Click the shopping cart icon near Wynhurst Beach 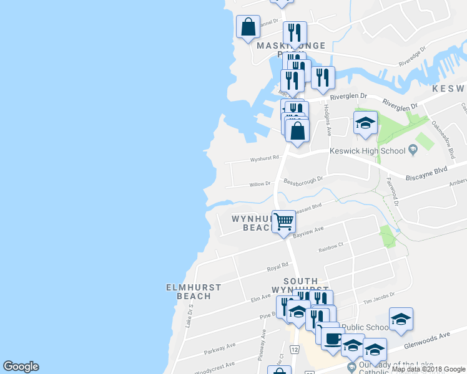[x=283, y=221]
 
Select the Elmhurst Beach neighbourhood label [x=194, y=291]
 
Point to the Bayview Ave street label [x=310, y=230]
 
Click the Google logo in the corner [x=21, y=367]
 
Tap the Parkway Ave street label [x=222, y=345]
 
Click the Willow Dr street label [x=260, y=184]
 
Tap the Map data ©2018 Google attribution [x=428, y=370]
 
